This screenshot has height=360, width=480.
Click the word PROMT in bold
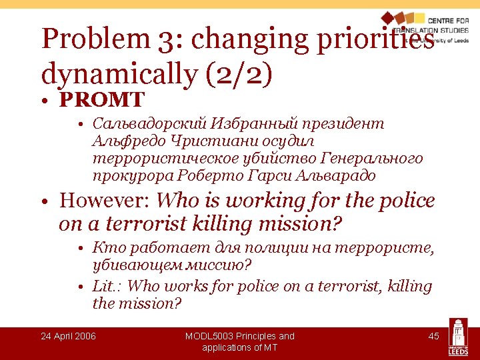pos(101,100)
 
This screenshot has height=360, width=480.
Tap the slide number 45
pos(433,336)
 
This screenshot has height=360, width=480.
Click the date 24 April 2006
pos(68,336)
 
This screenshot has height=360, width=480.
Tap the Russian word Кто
pos(105,249)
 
